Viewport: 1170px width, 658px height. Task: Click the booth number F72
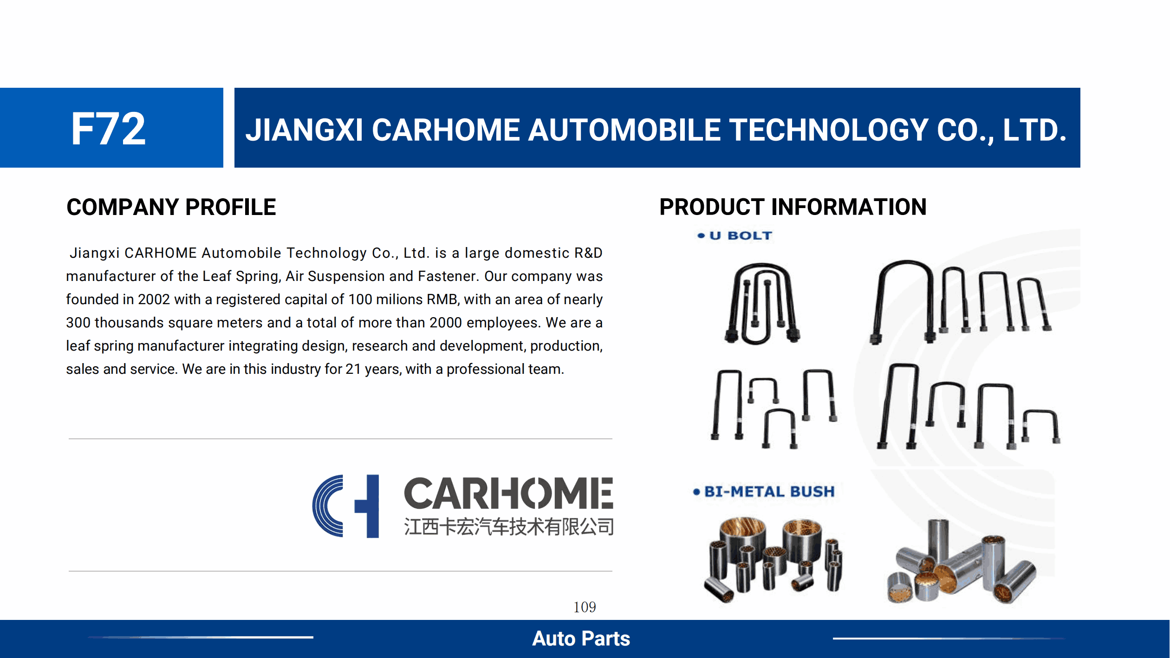(x=109, y=129)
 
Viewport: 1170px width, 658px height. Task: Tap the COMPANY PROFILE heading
(x=171, y=207)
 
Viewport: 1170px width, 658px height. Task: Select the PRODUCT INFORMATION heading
(x=793, y=207)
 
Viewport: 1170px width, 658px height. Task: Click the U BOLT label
(x=741, y=236)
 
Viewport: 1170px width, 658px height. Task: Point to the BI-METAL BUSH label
(x=769, y=491)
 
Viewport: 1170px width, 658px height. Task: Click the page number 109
(x=585, y=607)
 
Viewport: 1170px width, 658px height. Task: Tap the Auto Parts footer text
(x=581, y=638)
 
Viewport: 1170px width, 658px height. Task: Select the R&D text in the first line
(x=588, y=253)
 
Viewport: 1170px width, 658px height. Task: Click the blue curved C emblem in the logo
(x=328, y=506)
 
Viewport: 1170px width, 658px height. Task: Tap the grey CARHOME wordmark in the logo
(x=508, y=493)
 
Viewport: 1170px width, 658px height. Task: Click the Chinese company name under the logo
(x=509, y=527)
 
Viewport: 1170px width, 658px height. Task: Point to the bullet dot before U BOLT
(x=701, y=236)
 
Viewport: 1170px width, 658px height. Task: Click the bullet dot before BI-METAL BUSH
(x=696, y=492)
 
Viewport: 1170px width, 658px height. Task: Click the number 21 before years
(x=353, y=369)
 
